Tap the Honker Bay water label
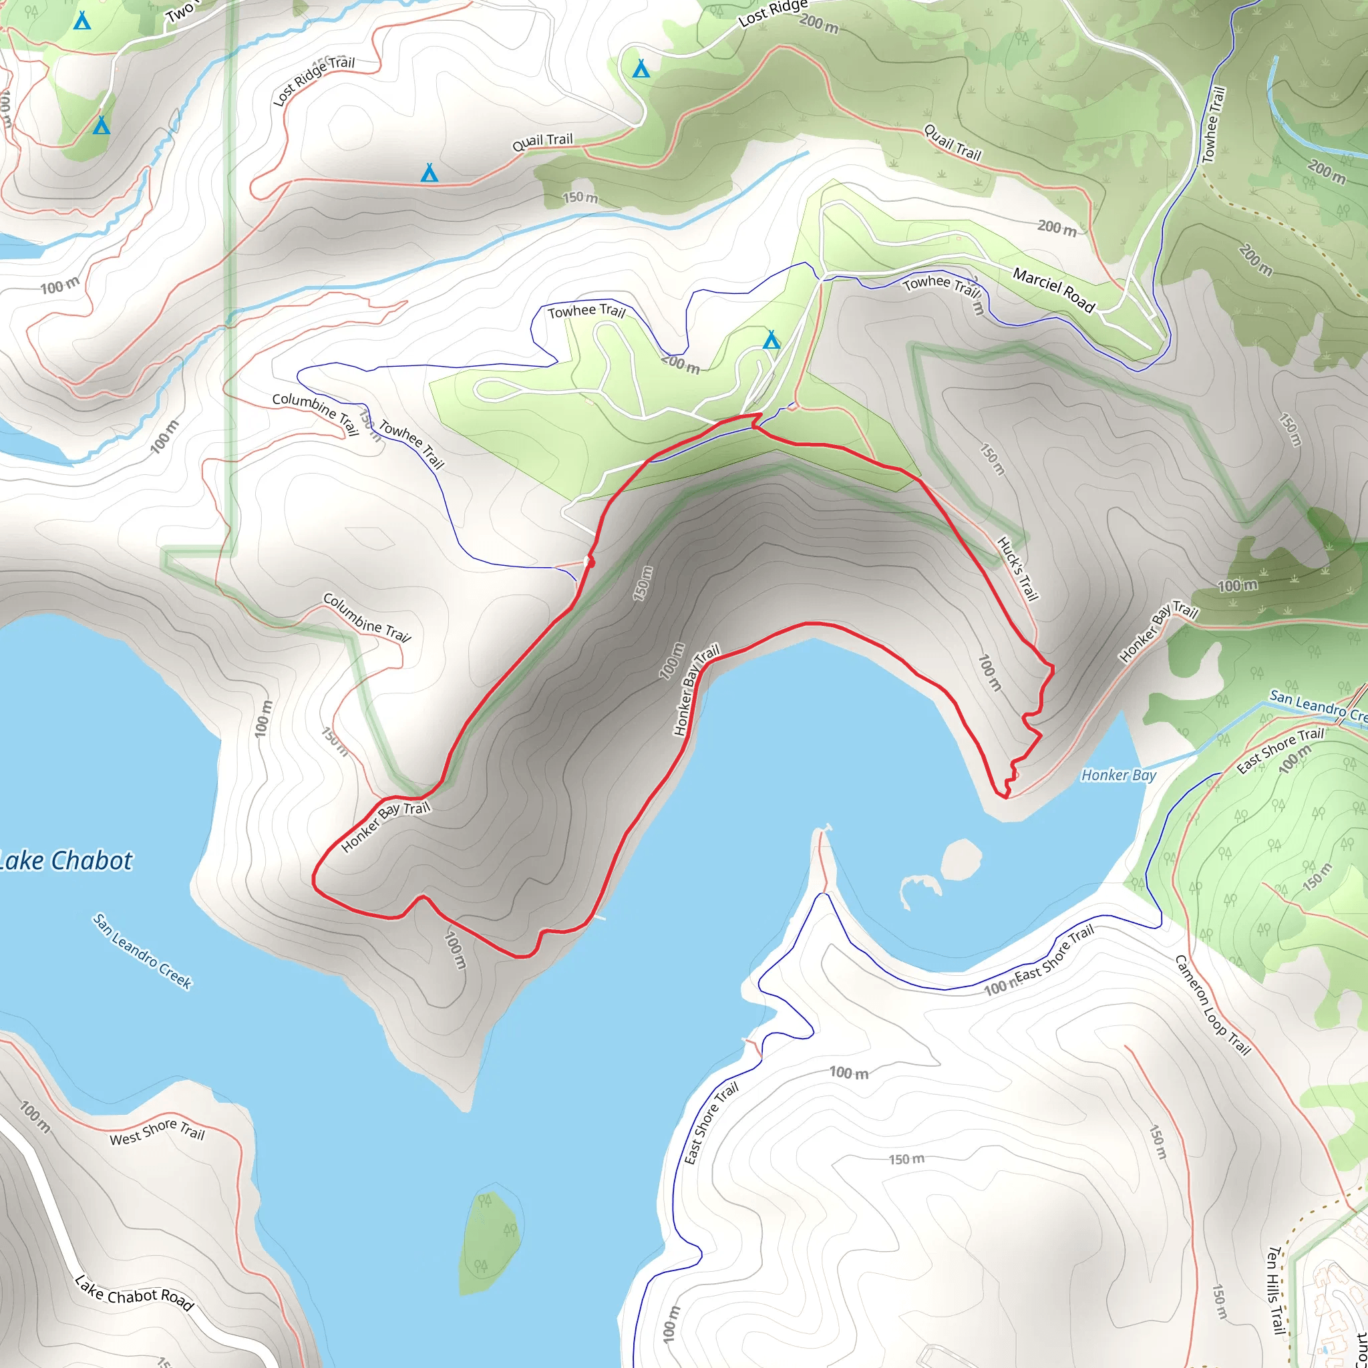click(1118, 776)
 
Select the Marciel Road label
click(1053, 290)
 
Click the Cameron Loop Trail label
click(1212, 1005)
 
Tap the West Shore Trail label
click(156, 1131)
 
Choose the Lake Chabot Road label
click(134, 1293)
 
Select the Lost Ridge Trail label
click(314, 81)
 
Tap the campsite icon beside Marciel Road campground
click(771, 341)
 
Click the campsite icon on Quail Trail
click(429, 172)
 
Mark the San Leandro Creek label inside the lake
click(142, 951)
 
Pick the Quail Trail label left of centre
click(542, 142)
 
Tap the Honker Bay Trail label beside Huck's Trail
click(1158, 632)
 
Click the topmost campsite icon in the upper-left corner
click(82, 21)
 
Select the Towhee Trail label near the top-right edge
click(1213, 125)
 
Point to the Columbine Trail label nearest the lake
click(366, 617)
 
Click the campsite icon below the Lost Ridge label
click(641, 69)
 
